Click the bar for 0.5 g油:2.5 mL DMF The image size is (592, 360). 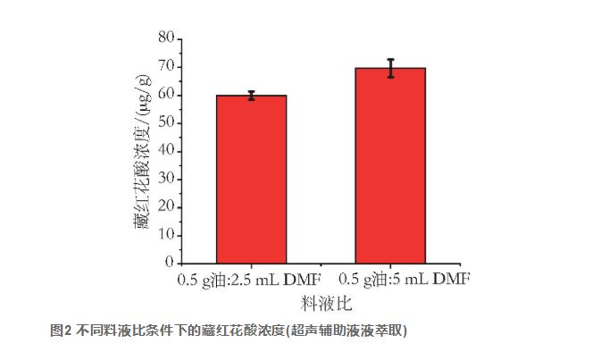(x=252, y=179)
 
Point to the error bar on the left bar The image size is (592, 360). (x=252, y=96)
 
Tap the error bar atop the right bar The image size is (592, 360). (x=390, y=68)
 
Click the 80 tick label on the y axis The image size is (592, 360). (x=164, y=38)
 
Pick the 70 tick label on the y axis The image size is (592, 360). (x=164, y=66)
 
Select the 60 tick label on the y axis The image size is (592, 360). (x=164, y=95)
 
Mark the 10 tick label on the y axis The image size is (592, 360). (x=164, y=235)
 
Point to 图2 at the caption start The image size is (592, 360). (x=61, y=331)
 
